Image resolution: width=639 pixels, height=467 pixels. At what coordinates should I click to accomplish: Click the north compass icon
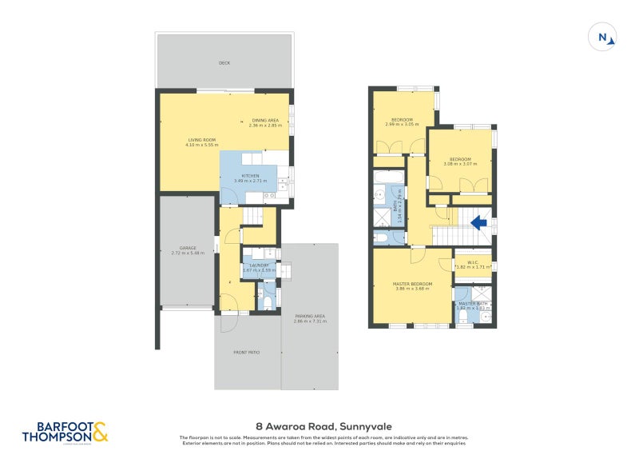coord(603,37)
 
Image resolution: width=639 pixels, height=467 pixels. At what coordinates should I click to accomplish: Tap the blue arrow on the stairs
coord(480,223)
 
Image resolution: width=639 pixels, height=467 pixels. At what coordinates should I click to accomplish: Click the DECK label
coord(224,62)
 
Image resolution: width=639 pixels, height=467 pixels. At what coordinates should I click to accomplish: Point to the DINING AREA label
coord(265,120)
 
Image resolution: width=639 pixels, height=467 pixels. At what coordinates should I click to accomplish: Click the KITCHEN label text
coord(250,176)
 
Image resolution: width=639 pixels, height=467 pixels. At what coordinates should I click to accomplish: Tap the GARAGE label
coord(187,249)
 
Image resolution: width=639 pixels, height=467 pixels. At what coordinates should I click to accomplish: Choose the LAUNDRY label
coord(258,265)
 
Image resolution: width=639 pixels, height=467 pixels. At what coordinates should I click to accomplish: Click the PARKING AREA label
coord(310,316)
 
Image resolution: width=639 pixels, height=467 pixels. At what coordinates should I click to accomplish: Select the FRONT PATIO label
coord(247,352)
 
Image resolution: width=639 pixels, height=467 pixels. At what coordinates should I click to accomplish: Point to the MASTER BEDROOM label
coord(412,284)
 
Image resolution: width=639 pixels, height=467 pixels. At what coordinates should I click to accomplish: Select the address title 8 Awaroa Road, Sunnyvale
coord(318,426)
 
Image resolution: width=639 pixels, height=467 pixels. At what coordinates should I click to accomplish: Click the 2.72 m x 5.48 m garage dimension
coord(188,253)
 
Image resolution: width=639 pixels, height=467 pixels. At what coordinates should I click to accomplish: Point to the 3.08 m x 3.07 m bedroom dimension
coord(461,163)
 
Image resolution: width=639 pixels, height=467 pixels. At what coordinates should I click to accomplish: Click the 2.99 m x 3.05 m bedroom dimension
coord(402,124)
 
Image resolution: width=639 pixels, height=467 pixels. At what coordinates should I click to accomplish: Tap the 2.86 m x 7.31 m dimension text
coord(310,321)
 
